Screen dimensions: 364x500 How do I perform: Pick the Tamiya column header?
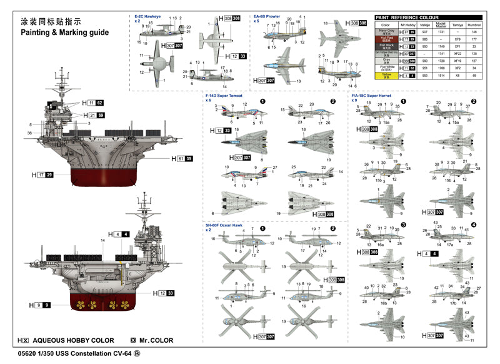(458, 25)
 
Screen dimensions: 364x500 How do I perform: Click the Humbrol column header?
(474, 25)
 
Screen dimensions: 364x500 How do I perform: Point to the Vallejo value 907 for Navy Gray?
(424, 31)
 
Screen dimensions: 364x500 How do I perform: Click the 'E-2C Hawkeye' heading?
(147, 16)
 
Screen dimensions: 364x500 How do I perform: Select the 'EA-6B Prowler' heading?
(266, 16)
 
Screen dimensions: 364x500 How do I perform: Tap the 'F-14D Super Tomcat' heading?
(224, 96)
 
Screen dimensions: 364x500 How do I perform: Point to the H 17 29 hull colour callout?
(44, 174)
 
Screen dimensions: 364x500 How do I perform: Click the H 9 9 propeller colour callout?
(39, 305)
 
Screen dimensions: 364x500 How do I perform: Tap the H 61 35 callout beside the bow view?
(179, 159)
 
